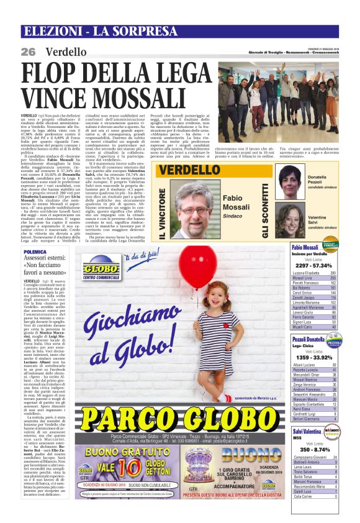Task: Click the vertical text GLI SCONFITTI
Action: (x=264, y=202)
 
